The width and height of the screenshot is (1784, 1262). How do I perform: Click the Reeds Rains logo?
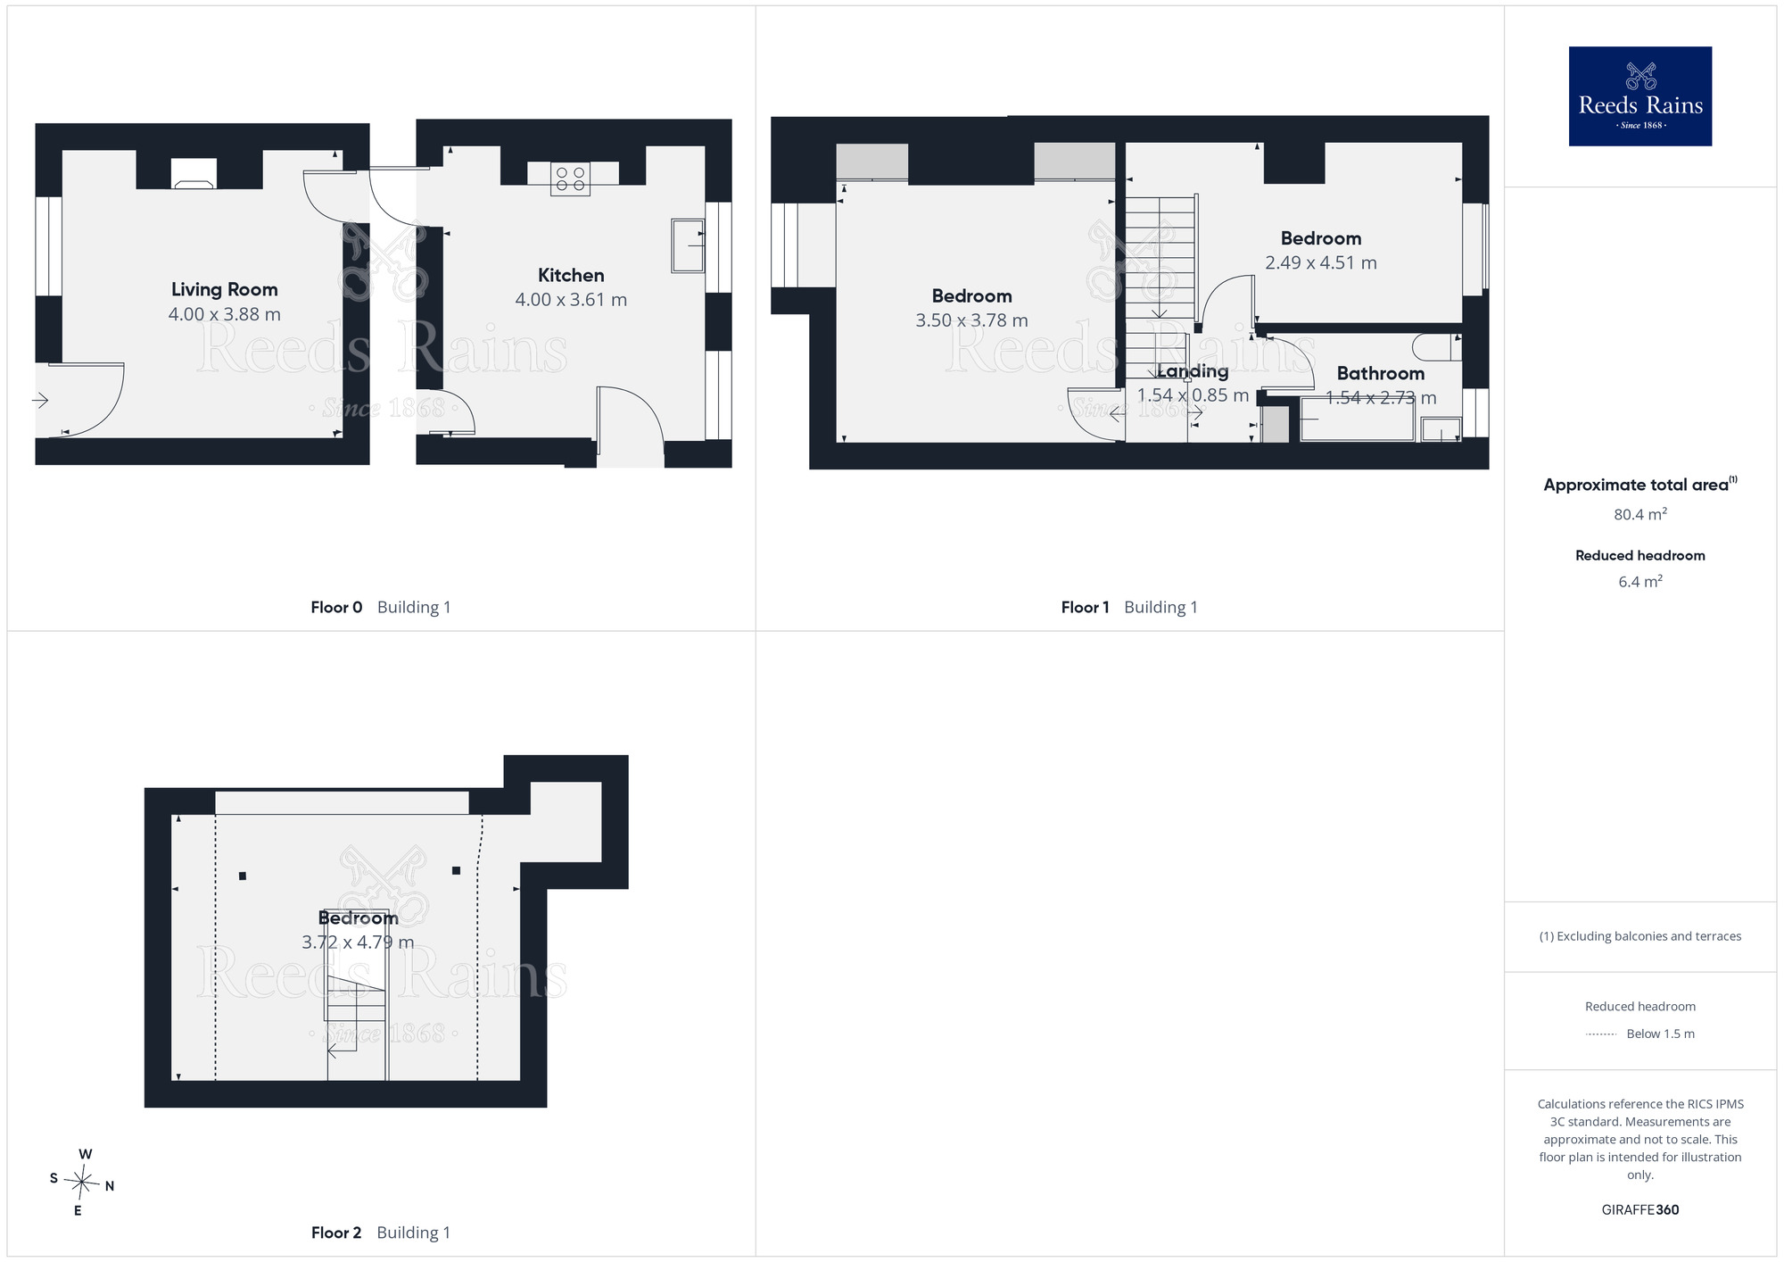tap(1639, 96)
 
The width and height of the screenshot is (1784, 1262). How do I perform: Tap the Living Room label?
tap(225, 289)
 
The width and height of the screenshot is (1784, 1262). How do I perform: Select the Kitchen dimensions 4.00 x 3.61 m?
tap(571, 300)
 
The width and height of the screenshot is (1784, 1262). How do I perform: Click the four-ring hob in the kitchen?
tap(571, 179)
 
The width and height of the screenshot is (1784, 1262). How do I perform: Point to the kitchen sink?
tap(688, 245)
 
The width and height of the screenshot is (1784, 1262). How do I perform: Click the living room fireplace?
tap(194, 174)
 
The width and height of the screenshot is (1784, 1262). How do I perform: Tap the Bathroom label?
tap(1381, 373)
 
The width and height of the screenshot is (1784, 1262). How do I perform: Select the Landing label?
tap(1193, 371)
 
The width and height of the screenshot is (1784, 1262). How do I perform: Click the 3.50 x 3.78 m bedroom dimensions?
tap(971, 320)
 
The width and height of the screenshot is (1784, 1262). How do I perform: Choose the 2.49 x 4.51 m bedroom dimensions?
tap(1321, 263)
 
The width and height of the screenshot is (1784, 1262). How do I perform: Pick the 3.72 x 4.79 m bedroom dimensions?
tap(358, 942)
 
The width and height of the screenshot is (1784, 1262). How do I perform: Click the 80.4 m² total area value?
tap(1640, 514)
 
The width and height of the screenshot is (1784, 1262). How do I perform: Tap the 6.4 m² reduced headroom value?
tap(1640, 581)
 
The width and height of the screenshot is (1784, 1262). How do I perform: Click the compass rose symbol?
tap(82, 1183)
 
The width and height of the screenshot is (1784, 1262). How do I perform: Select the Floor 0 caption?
tap(381, 607)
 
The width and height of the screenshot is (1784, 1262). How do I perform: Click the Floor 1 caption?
tap(1129, 607)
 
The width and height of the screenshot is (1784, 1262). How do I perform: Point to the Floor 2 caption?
tap(381, 1233)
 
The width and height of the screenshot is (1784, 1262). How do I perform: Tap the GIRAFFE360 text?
tap(1640, 1210)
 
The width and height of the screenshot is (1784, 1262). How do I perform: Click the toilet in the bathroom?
tap(1437, 347)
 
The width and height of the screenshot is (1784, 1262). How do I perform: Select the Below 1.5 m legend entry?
tap(1640, 1034)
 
